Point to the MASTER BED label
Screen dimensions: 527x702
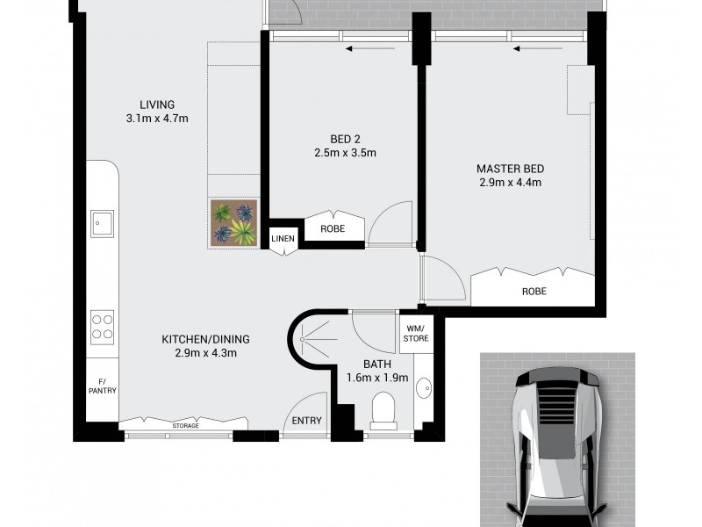[510, 168]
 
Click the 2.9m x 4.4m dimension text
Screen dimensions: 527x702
[510, 183]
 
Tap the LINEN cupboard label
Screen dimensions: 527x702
[283, 238]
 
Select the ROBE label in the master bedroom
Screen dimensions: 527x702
[534, 290]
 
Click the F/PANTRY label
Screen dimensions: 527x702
[102, 386]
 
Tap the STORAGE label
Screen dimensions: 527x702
[184, 426]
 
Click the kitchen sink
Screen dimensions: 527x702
[103, 222]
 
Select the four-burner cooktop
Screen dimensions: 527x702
[103, 327]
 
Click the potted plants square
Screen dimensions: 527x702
[233, 222]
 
